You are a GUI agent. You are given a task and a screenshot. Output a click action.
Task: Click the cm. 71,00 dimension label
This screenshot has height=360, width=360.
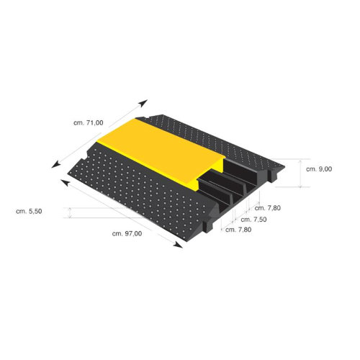click(x=89, y=123)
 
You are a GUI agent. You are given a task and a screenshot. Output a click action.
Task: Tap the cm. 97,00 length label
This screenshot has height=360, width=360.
click(x=127, y=233)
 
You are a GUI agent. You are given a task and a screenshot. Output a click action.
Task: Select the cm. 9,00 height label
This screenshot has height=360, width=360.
click(x=319, y=169)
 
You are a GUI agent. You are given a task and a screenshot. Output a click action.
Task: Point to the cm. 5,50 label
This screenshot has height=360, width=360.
click(x=29, y=211)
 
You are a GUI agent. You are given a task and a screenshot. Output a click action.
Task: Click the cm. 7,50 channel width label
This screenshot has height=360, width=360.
click(x=253, y=220)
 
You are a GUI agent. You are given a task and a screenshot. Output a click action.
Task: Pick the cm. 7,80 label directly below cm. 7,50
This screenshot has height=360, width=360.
click(x=238, y=230)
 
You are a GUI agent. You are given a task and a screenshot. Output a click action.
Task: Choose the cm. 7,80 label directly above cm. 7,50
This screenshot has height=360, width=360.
click(x=268, y=208)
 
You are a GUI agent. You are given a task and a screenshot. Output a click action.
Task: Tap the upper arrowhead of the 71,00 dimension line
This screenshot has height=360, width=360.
click(x=143, y=103)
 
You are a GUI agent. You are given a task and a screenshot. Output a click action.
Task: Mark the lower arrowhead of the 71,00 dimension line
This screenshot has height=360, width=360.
click(x=55, y=164)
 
